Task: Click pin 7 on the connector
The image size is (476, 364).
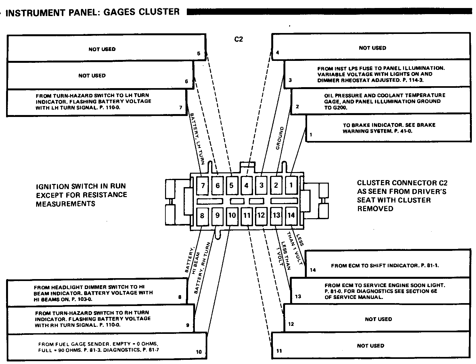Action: click(x=202, y=185)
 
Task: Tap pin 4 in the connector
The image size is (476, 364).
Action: click(x=246, y=185)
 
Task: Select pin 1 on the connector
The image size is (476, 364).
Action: click(x=291, y=185)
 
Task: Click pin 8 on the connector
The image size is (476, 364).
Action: click(x=202, y=215)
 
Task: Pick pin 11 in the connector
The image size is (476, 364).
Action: click(x=246, y=215)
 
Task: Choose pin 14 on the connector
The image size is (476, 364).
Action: click(x=291, y=215)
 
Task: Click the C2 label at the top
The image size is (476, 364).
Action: click(x=239, y=39)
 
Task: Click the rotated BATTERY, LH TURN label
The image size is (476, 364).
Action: click(x=197, y=138)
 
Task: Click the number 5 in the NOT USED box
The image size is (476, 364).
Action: click(x=199, y=54)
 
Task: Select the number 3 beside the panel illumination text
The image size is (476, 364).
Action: click(x=290, y=80)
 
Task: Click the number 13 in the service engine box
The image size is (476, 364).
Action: click(x=298, y=296)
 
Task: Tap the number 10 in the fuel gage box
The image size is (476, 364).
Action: click(x=199, y=352)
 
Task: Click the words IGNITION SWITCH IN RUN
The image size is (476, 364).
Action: click(x=81, y=186)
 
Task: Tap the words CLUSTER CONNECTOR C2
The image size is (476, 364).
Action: click(x=402, y=183)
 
